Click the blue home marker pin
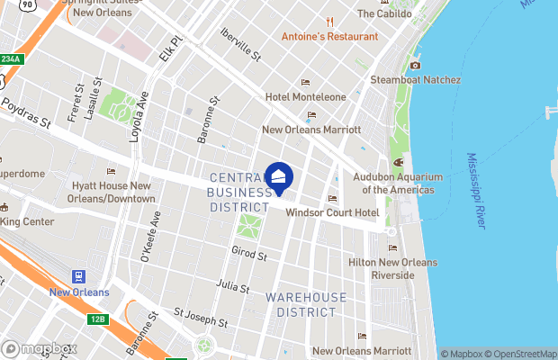coord(279,178)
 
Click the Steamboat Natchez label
coord(415,80)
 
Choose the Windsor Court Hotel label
coord(331,212)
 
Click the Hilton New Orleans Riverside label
coord(392,268)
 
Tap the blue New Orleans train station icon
coord(79,276)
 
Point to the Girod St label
coord(249,256)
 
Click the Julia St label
coord(234,286)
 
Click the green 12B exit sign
coord(98,319)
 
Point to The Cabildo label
coord(384,13)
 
